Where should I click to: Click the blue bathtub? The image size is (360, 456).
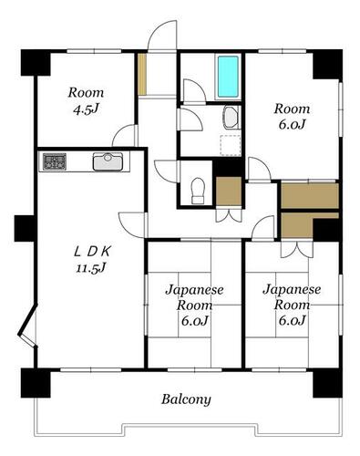click(x=228, y=77)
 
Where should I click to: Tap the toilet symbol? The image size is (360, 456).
click(x=198, y=191)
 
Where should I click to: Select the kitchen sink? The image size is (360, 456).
click(x=108, y=161)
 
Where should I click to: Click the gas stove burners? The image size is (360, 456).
click(x=55, y=161)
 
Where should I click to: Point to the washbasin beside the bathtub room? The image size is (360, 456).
click(x=231, y=118)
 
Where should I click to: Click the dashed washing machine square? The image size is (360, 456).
click(x=231, y=146)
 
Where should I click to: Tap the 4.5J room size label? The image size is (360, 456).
click(x=87, y=109)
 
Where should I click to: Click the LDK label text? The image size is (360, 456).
click(x=93, y=252)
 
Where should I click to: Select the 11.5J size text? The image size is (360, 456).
click(x=91, y=268)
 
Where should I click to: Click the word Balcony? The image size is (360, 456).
click(x=186, y=399)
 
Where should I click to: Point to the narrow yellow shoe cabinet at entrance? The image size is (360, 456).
click(x=142, y=74)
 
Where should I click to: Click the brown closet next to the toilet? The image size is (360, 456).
click(x=229, y=192)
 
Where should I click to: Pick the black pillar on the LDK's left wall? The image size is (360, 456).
click(x=25, y=228)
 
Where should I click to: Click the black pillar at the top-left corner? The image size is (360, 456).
click(x=35, y=63)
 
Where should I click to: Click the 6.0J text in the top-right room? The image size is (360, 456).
click(x=292, y=125)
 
